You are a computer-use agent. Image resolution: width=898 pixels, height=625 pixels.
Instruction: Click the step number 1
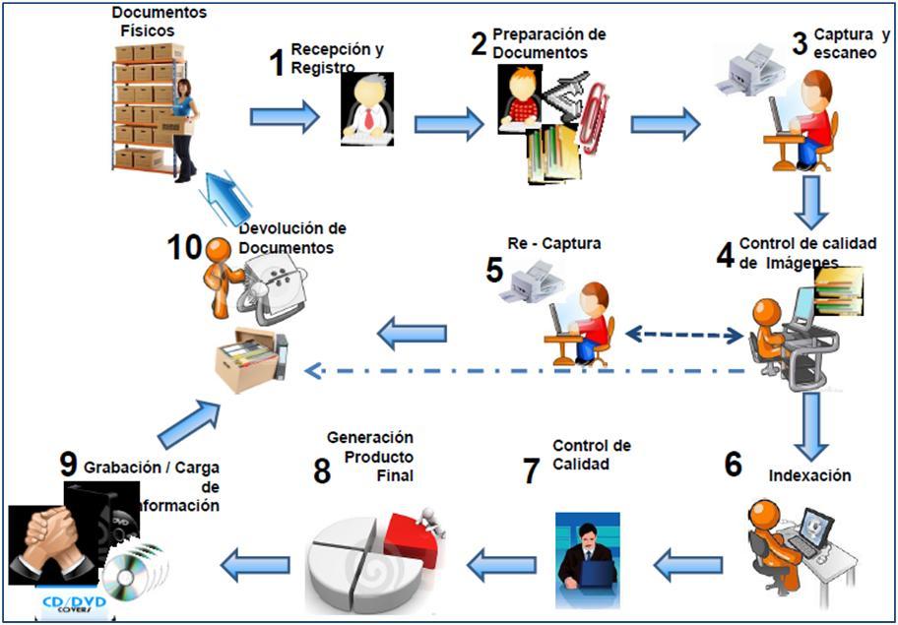[x=277, y=63]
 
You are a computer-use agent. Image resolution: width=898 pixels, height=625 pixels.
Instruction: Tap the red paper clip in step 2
[x=594, y=117]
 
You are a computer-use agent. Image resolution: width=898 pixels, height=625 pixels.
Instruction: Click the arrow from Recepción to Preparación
[x=448, y=124]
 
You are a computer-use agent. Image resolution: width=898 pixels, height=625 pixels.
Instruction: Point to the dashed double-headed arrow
[x=685, y=335]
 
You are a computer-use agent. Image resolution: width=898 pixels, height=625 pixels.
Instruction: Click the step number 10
[x=184, y=246]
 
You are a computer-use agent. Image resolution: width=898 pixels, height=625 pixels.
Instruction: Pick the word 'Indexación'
[x=809, y=475]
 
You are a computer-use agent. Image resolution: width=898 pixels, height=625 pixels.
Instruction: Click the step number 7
[x=532, y=470]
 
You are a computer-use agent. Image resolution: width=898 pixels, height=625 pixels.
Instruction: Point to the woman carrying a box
[x=184, y=128]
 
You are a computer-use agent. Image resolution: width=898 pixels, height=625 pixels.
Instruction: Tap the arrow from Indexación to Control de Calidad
[x=688, y=565]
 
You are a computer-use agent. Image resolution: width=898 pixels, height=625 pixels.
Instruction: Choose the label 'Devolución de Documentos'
[x=292, y=238]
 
